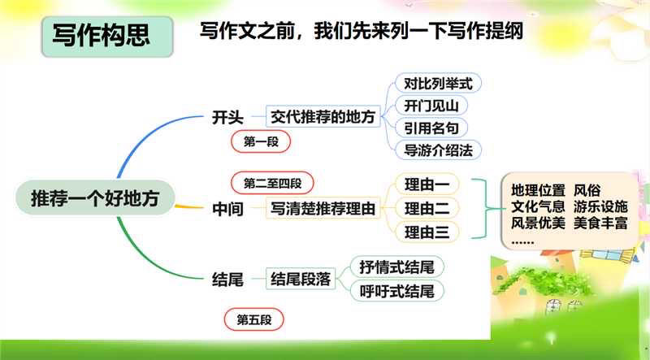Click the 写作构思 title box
(x=101, y=37)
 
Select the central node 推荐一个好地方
(x=96, y=197)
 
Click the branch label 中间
(x=227, y=209)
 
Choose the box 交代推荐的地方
(x=323, y=117)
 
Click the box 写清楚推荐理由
(x=325, y=209)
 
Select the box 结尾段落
(x=301, y=280)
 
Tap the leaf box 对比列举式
(x=437, y=83)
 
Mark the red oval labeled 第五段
(x=254, y=320)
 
